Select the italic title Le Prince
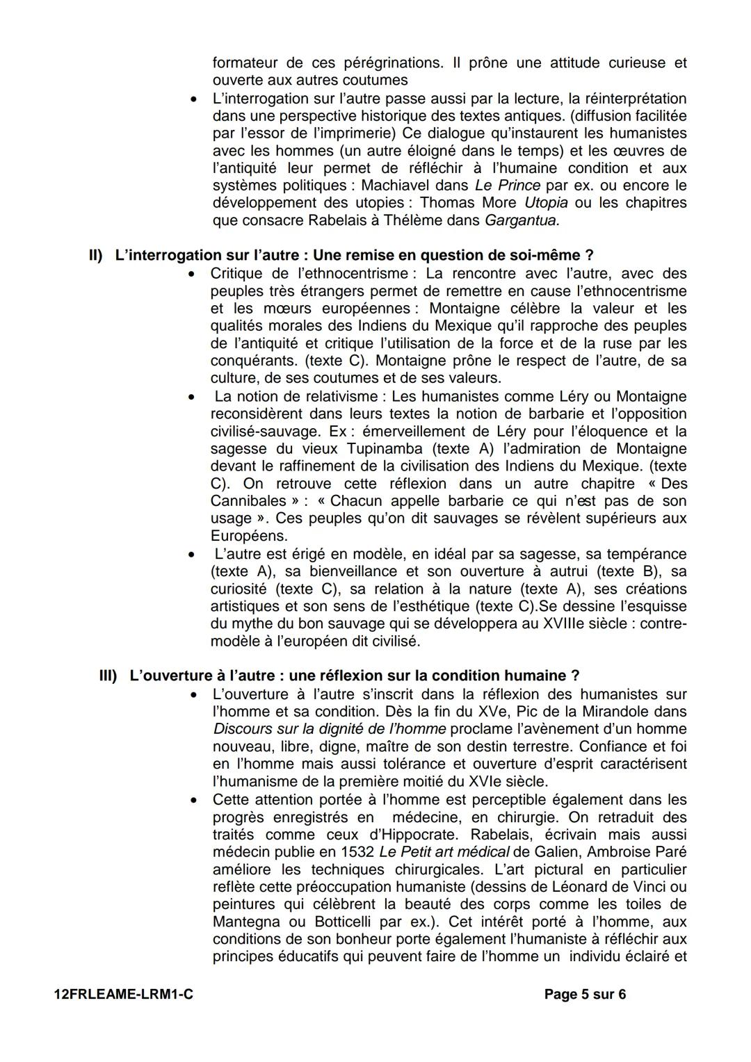click(x=507, y=186)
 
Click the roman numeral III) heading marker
click(x=108, y=676)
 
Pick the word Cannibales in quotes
click(x=248, y=501)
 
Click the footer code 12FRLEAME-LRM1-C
click(x=123, y=995)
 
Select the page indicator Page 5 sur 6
click(x=585, y=995)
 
